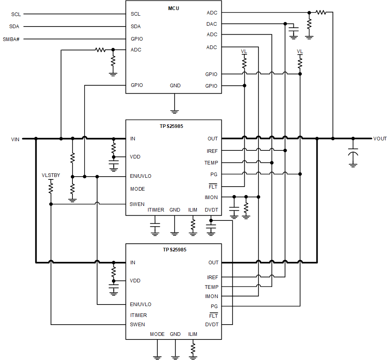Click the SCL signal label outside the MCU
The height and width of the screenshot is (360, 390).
click(16, 14)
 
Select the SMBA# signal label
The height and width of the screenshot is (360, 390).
click(11, 39)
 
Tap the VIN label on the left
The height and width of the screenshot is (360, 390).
click(15, 139)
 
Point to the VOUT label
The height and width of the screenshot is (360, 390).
click(380, 139)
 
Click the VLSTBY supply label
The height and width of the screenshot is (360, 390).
click(51, 175)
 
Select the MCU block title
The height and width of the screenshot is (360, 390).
click(173, 8)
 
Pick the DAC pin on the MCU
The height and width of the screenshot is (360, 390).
click(212, 24)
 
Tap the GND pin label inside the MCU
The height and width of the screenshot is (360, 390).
click(175, 86)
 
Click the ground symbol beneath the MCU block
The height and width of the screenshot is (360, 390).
click(174, 110)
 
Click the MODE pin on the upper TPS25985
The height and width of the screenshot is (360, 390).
click(137, 189)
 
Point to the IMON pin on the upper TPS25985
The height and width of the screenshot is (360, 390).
click(211, 197)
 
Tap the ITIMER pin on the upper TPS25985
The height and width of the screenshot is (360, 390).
click(156, 210)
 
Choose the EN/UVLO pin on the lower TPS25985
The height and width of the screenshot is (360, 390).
click(140, 304)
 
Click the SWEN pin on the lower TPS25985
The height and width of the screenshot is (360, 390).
click(137, 325)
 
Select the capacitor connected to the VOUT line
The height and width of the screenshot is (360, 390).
click(353, 154)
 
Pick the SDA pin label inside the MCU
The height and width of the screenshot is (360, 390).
click(136, 27)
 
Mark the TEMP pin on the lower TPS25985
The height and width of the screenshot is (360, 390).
click(212, 287)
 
